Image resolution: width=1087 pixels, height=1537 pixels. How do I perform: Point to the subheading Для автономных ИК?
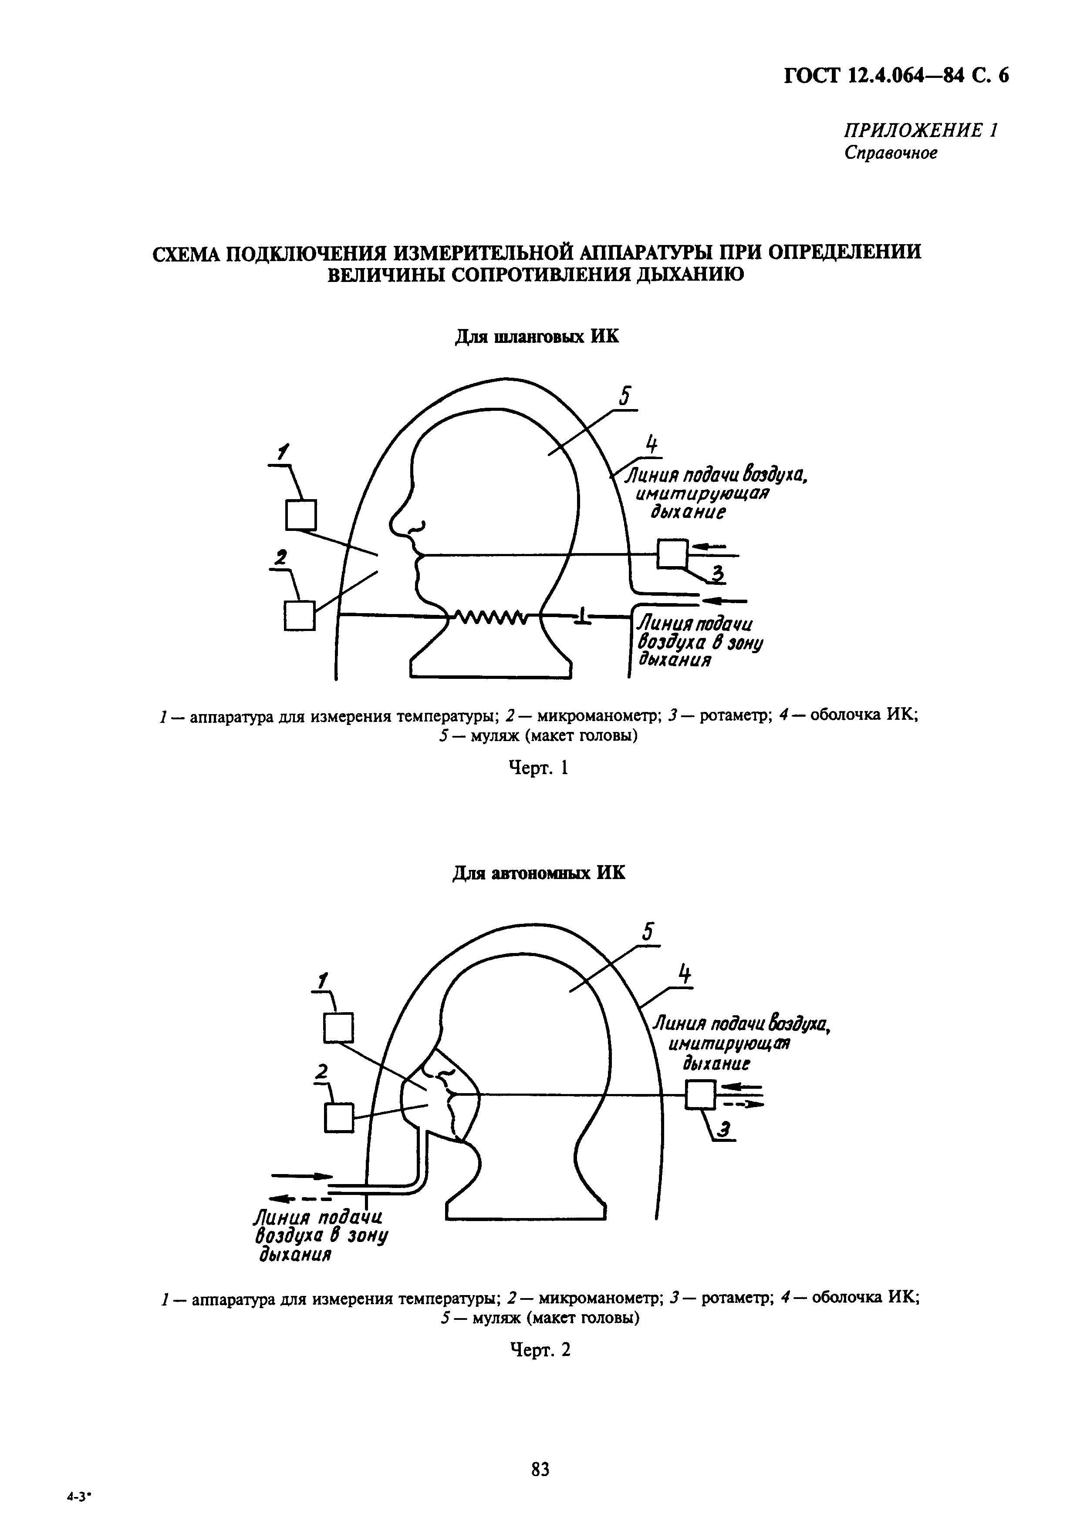tap(539, 874)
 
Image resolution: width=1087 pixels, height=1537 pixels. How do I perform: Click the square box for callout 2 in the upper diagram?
tap(299, 615)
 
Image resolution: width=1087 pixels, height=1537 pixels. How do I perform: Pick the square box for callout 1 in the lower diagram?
tap(338, 1028)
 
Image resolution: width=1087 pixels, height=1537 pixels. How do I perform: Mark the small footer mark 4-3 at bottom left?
tap(78, 1512)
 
